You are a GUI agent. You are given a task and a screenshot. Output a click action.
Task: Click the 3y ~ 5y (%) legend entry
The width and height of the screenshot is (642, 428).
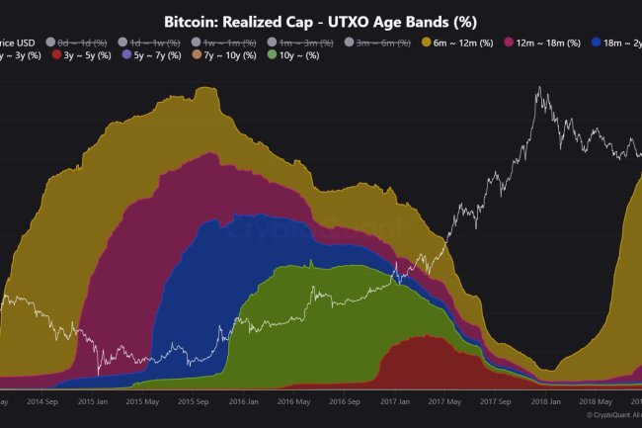coord(80,55)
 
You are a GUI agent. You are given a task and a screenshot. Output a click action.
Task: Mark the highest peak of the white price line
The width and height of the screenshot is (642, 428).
coord(539,88)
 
